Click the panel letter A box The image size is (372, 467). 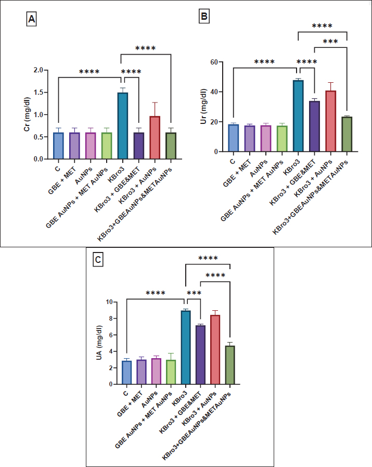pyautogui.click(x=32, y=20)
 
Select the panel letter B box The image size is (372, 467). pyautogui.click(x=205, y=17)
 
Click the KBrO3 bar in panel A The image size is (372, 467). pyautogui.click(x=122, y=125)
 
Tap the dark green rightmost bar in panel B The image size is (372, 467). pyautogui.click(x=346, y=134)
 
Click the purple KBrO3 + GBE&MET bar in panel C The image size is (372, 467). pyautogui.click(x=201, y=355)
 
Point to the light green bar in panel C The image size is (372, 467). pyautogui.click(x=171, y=372)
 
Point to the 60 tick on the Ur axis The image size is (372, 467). pyautogui.click(x=215, y=62)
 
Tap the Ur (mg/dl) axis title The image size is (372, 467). pyautogui.click(x=204, y=107)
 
